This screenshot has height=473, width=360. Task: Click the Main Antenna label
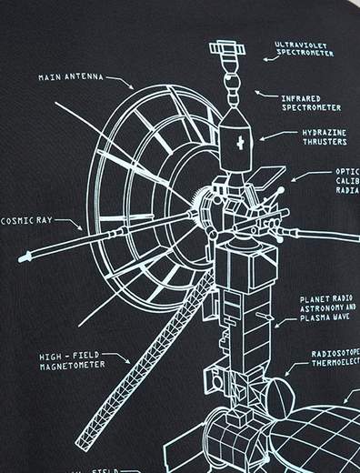click(71, 77)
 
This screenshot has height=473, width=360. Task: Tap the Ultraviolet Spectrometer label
click(305, 48)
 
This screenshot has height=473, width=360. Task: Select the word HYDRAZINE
click(323, 132)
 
